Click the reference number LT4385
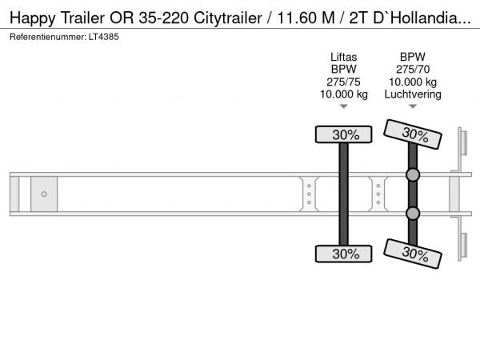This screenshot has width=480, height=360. coord(104,37)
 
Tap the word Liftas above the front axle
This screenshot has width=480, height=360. coord(343,58)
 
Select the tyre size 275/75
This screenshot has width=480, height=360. coord(343,82)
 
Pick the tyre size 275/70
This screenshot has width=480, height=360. coord(413,70)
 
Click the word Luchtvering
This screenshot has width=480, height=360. coord(413,94)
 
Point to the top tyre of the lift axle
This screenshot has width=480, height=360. coord(343,134)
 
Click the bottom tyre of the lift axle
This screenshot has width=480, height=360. coord(343,254)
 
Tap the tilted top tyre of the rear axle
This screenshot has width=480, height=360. coord(413,134)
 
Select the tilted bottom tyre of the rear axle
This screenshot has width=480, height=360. coord(413,254)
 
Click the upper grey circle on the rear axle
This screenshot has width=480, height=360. coord(413,174)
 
